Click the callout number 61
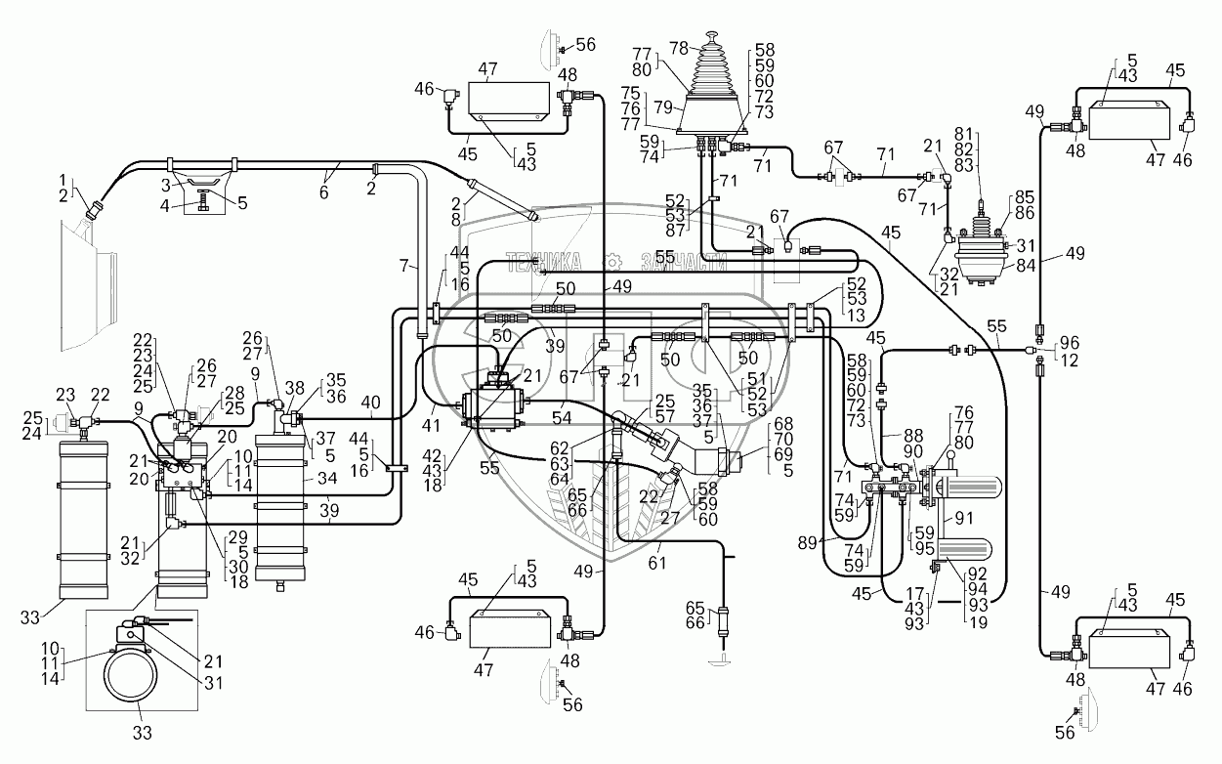click(657, 563)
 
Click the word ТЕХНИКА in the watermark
click(543, 261)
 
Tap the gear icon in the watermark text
click(611, 261)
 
